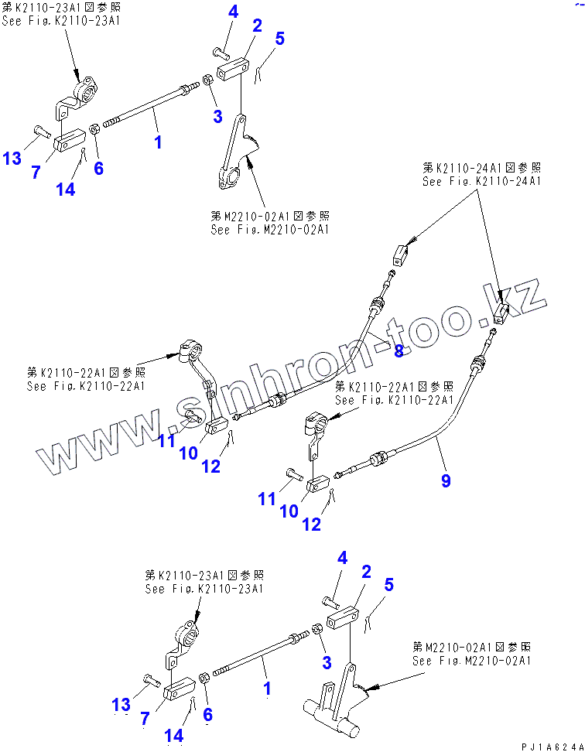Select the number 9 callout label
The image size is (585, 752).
446,480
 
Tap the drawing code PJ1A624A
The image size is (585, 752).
549,745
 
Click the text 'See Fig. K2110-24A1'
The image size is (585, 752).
481,181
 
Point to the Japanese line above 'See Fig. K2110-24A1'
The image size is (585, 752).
481,167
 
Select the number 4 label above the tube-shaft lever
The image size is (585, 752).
342,559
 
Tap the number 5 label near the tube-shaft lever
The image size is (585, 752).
388,584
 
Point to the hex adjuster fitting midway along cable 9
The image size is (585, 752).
379,460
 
